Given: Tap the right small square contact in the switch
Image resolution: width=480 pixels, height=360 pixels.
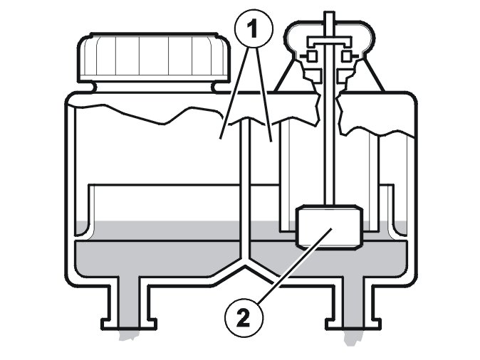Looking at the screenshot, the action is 346,55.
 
